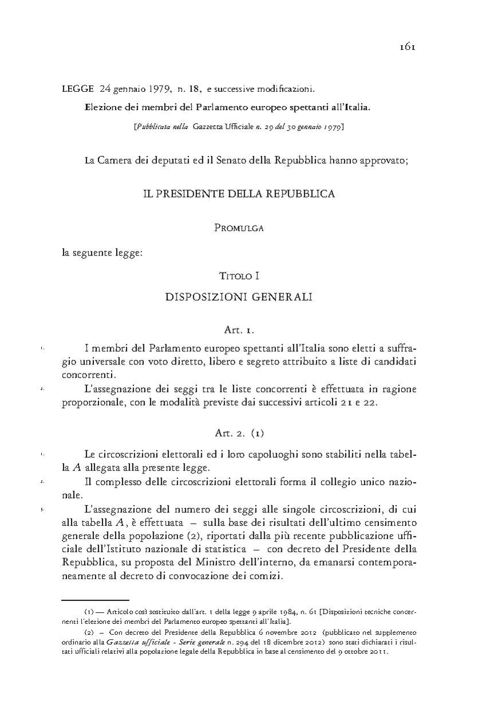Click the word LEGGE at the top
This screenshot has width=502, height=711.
[77, 90]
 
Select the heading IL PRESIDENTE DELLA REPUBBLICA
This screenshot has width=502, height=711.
[239, 194]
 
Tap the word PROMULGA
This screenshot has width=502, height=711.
[239, 228]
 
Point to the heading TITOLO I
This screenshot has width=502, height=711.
[240, 276]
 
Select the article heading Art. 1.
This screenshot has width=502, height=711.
[239, 331]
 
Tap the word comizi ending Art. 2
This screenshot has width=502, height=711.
[269, 576]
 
